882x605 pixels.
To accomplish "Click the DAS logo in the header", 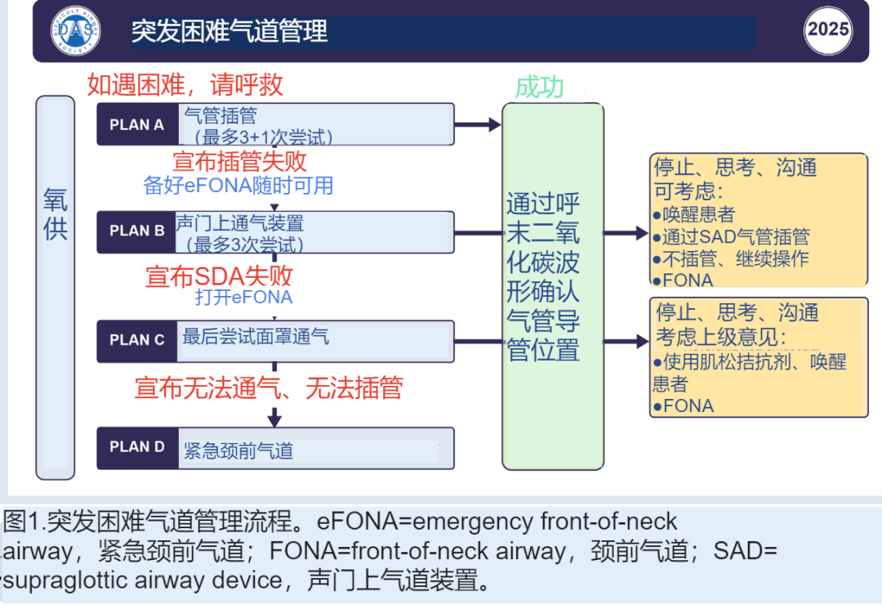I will click(x=76, y=32).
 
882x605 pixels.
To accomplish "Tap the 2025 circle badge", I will click(x=828, y=30).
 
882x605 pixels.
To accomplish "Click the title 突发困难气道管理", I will click(x=229, y=31).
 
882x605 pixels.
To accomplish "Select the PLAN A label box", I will click(x=137, y=125).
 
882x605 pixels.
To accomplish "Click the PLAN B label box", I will click(x=137, y=231).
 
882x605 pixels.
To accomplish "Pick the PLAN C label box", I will click(x=137, y=340).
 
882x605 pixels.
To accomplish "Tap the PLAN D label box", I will click(x=137, y=447).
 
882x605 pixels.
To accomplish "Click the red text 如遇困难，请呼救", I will click(x=185, y=84).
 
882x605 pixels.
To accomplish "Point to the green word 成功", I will click(x=539, y=87).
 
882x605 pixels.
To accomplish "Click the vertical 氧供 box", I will click(x=56, y=287).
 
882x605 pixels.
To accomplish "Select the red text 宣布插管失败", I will click(x=239, y=160).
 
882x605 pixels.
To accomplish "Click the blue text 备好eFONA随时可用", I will click(x=238, y=186).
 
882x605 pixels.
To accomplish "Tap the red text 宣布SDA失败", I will click(x=219, y=276).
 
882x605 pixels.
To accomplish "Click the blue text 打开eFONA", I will click(x=243, y=297).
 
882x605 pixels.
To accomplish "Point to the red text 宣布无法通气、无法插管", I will click(x=269, y=388).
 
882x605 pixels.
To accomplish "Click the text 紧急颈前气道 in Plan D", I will click(x=238, y=450).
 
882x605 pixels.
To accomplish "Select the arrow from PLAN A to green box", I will click(x=477, y=125).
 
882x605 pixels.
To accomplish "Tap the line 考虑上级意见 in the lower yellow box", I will click(x=721, y=337).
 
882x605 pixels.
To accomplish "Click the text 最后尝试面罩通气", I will click(x=256, y=336).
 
